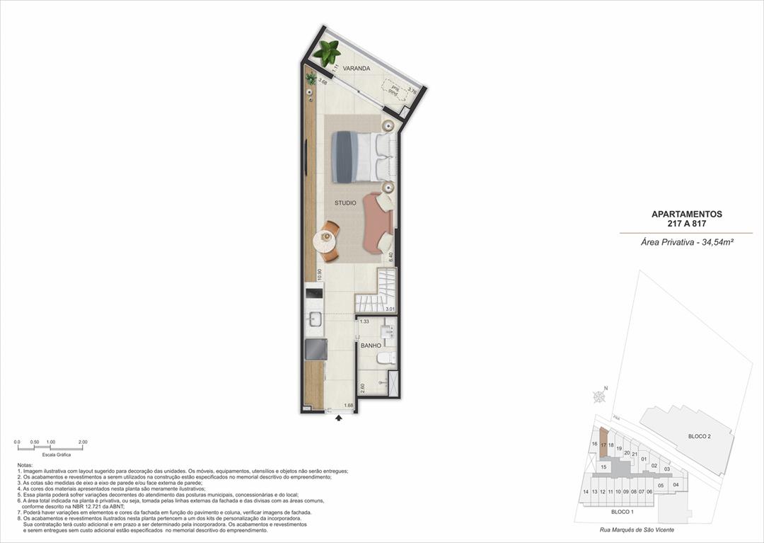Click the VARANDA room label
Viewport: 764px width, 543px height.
click(357, 69)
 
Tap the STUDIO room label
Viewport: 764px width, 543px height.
click(345, 203)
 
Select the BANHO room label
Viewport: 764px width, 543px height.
click(371, 346)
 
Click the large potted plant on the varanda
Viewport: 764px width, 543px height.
click(327, 52)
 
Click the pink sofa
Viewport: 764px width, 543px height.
click(375, 222)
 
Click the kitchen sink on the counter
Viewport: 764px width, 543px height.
click(313, 319)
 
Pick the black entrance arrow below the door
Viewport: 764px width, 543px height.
click(339, 418)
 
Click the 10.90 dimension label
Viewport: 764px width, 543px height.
click(320, 275)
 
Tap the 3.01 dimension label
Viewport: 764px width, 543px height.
click(389, 309)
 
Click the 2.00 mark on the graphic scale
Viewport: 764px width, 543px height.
click(83, 442)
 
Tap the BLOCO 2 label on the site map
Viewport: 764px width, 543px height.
click(699, 437)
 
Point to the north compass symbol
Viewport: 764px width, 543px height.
click(600, 397)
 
